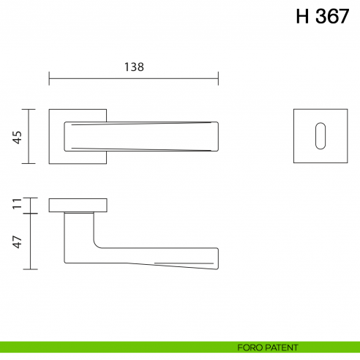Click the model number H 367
click(323, 18)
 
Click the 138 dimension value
click(133, 67)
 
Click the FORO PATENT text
click(267, 347)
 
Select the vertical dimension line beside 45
click(29, 136)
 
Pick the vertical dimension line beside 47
click(29, 241)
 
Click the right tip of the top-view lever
click(217, 136)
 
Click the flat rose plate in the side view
click(78, 205)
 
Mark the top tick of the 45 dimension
click(29, 109)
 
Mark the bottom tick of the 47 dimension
click(29, 269)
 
